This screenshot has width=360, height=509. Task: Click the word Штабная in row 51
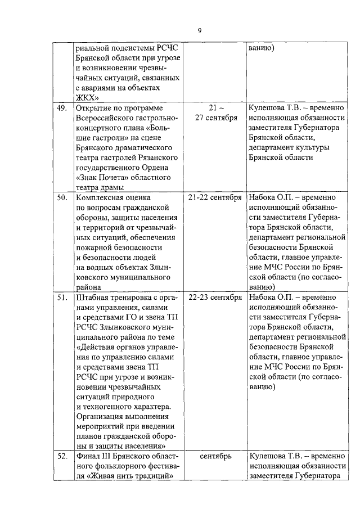point(91,298)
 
